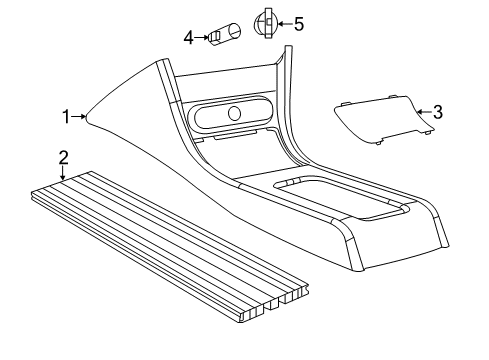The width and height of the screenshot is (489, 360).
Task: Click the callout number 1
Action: coord(66,117)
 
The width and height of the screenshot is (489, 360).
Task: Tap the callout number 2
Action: coord(63,157)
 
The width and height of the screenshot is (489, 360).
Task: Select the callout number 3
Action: coord(437,113)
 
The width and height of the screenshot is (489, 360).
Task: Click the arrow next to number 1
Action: coord(79,117)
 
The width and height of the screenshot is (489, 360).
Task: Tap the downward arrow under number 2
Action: coord(63,173)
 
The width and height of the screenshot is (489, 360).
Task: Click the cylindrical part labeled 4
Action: coord(223,35)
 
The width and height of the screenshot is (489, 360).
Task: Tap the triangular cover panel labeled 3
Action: coord(380,117)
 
